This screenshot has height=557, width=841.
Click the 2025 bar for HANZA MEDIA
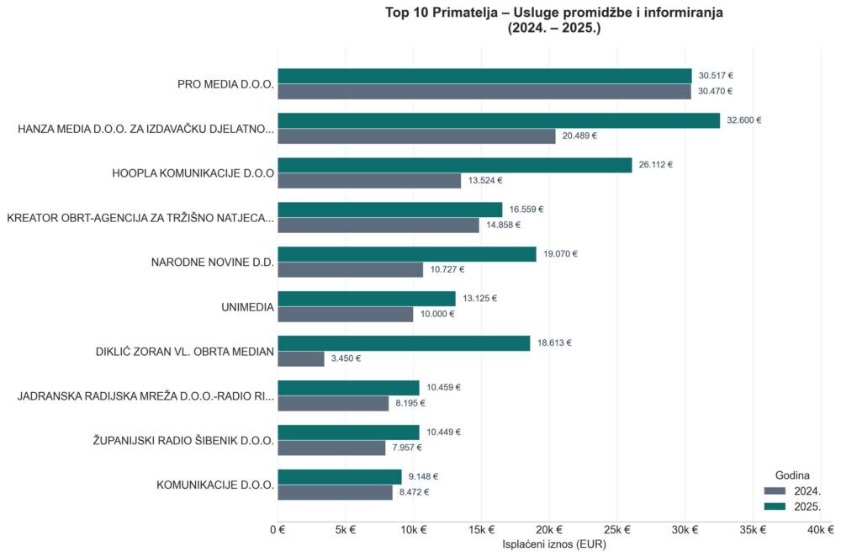[499, 120]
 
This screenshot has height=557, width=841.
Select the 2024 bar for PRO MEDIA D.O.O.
[484, 92]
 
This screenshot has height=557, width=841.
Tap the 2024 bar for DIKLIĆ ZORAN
[301, 358]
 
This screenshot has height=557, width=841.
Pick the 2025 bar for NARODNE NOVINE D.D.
[407, 254]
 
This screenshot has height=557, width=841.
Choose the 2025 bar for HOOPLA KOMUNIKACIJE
[455, 165]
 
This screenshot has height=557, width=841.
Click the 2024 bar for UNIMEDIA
[346, 314]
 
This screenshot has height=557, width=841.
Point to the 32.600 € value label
[744, 120]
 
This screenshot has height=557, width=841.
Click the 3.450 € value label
[346, 358]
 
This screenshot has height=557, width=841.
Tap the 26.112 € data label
[656, 165]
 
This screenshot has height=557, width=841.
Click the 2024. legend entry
[791, 491]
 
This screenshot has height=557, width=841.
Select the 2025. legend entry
[791, 506]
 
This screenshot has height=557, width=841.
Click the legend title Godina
[791, 475]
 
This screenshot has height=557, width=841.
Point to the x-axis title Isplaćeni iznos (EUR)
[554, 545]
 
